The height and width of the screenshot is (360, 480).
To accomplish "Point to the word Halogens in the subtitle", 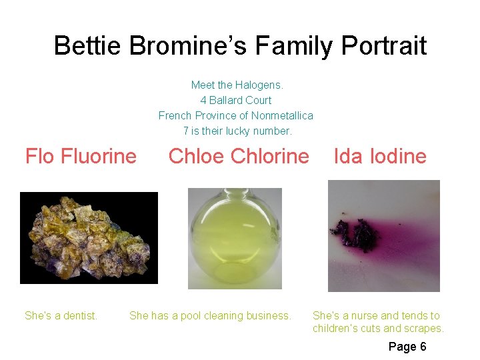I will click(261, 85).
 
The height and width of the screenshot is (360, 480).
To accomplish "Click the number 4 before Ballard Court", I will click(203, 100).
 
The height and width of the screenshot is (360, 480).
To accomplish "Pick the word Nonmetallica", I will click(282, 115).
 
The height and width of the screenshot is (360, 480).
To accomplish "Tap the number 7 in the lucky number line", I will click(186, 131).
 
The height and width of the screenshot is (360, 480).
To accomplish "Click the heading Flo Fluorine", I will click(81, 156).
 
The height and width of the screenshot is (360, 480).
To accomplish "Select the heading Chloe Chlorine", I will click(239, 156).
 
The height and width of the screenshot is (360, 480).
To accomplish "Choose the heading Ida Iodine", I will click(380, 156).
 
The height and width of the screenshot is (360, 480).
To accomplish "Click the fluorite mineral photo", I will click(89, 238).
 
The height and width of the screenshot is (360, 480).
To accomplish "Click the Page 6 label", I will click(407, 346).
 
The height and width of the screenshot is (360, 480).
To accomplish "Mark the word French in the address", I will click(175, 115).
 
